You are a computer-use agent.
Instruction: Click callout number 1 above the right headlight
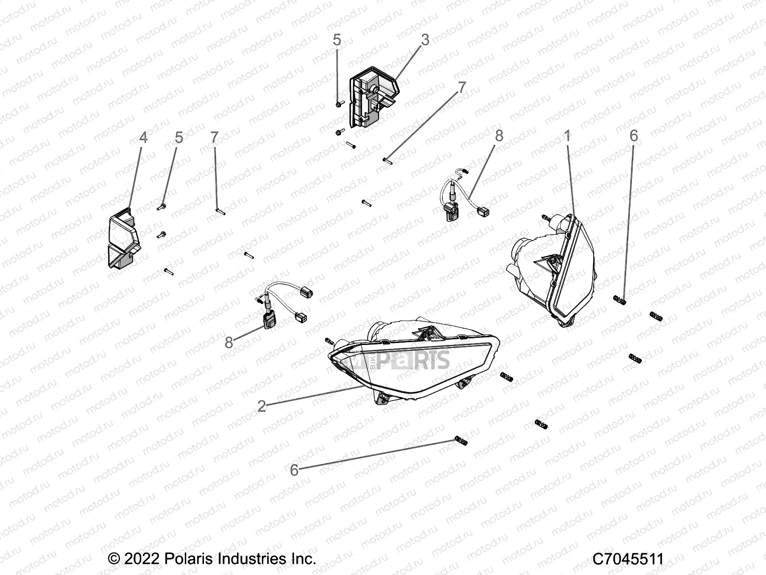pyautogui.click(x=567, y=136)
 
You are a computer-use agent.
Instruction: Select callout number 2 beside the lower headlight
pyautogui.click(x=261, y=406)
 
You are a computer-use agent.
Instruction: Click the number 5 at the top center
pyautogui.click(x=337, y=40)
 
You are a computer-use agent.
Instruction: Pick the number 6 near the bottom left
pyautogui.click(x=294, y=470)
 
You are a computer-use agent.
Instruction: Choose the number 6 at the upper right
pyautogui.click(x=633, y=136)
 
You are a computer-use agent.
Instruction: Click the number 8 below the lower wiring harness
pyautogui.click(x=229, y=342)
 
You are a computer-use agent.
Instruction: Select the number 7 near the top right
pyautogui.click(x=462, y=87)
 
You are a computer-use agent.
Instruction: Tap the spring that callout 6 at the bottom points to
pyautogui.click(x=460, y=440)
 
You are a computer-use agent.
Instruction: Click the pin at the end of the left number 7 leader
pyautogui.click(x=221, y=210)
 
